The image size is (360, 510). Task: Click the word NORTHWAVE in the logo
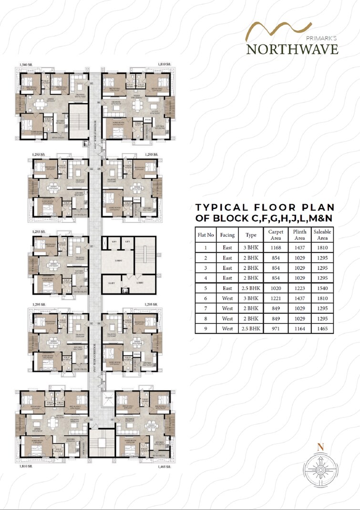[x=292, y=49]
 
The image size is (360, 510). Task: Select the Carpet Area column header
[x=276, y=235]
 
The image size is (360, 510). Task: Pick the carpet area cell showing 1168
[x=276, y=248]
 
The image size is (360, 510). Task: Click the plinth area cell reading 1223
[x=299, y=288]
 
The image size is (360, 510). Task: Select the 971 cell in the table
[x=276, y=329]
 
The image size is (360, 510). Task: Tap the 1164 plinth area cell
[x=299, y=329]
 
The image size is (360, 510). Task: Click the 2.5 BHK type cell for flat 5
[x=251, y=288]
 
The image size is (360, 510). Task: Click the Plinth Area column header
[x=299, y=235]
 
